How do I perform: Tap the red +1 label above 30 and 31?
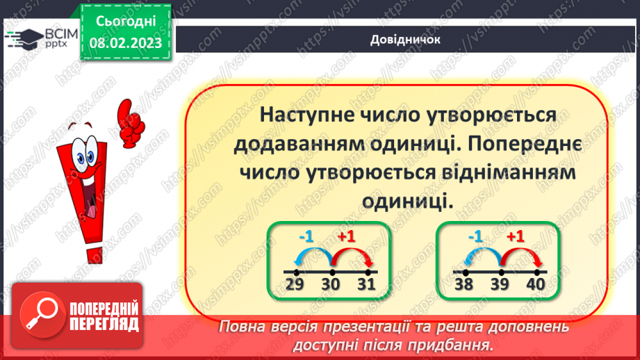pos(346,236)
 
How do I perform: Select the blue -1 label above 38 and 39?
pos(475,236)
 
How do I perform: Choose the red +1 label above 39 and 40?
pos(515,236)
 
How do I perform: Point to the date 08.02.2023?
pos(126,43)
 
